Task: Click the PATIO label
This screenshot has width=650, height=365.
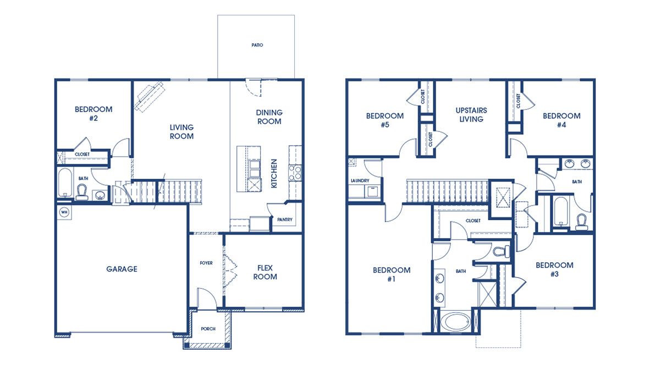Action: coord(257,45)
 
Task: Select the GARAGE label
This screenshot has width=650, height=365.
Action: coord(122,269)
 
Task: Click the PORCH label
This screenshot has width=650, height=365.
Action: coord(208,329)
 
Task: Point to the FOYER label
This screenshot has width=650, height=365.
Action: coord(206,263)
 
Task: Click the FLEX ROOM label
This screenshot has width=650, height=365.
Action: coord(265,273)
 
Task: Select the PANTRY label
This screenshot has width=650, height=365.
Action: coord(285,220)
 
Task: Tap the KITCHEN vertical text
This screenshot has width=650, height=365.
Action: coord(274,174)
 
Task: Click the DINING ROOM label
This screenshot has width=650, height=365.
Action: coord(269,117)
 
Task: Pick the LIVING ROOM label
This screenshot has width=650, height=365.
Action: coord(181,132)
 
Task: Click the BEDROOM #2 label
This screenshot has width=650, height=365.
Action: coord(93,113)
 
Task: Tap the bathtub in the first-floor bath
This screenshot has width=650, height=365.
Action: coord(65,183)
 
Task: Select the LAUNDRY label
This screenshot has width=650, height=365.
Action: coord(360,181)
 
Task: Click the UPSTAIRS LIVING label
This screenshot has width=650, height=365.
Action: coord(471,114)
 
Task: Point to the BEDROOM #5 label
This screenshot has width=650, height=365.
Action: coord(385,120)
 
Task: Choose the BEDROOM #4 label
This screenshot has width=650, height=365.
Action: coord(561,120)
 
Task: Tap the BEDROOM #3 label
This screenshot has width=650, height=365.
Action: coord(554,269)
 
